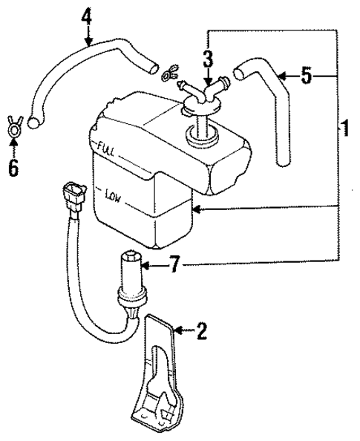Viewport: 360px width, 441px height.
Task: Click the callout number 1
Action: point(344,128)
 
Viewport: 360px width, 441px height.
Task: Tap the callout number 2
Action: point(200,331)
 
